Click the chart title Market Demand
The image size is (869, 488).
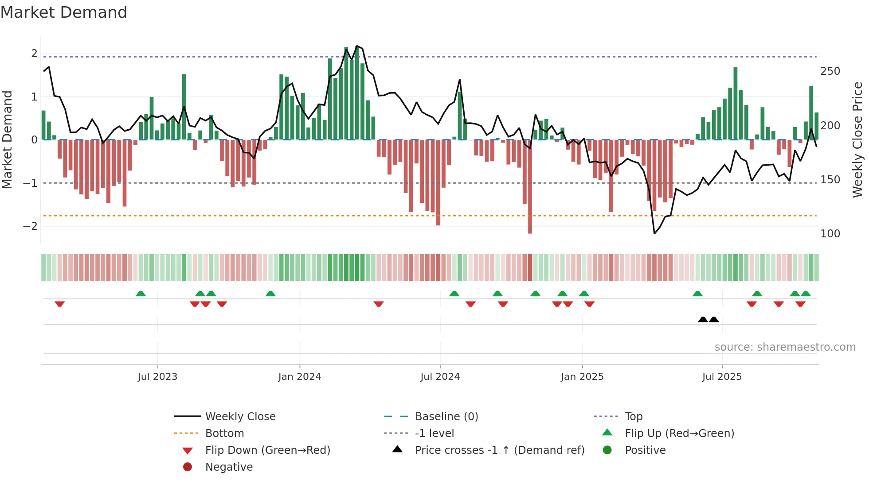pyautogui.click(x=64, y=12)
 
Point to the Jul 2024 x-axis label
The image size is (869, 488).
pyautogui.click(x=440, y=377)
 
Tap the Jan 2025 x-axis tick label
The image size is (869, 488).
pyautogui.click(x=582, y=377)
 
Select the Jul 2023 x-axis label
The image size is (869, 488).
pyautogui.click(x=157, y=377)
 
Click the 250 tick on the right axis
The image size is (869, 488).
pyautogui.click(x=830, y=71)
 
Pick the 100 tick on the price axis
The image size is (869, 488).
pyautogui.click(x=830, y=234)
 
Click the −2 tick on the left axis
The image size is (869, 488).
pyautogui.click(x=30, y=226)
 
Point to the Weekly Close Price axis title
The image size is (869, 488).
pyautogui.click(x=857, y=139)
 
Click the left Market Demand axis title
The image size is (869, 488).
pyautogui.click(x=8, y=139)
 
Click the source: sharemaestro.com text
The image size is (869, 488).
pyautogui.click(x=785, y=347)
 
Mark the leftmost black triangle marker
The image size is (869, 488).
pyautogui.click(x=703, y=319)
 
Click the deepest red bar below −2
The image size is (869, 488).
pyautogui.click(x=530, y=230)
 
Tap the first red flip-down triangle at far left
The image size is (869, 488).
pyautogui.click(x=59, y=304)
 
